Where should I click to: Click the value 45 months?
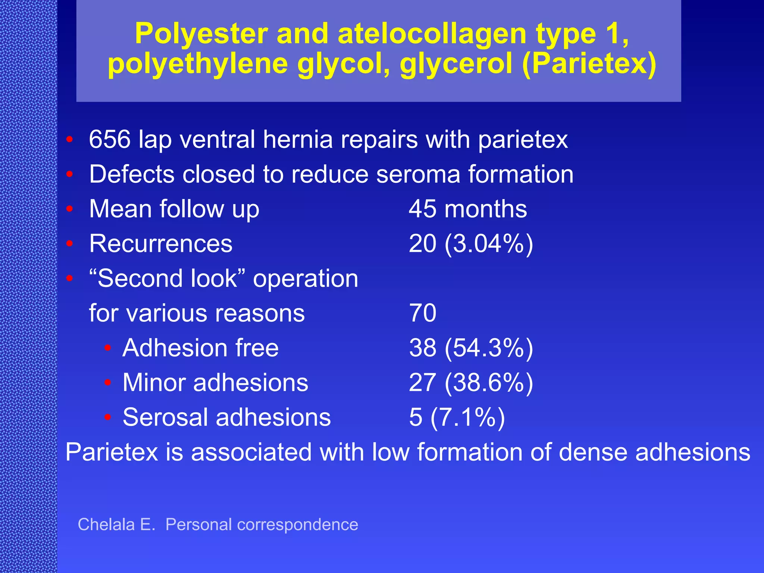(468, 209)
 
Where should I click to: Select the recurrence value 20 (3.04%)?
(471, 244)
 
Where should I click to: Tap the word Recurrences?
(161, 244)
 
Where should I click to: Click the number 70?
(423, 313)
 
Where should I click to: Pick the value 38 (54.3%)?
(471, 348)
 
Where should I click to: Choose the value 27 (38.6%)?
(471, 383)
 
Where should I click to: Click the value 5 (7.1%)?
(457, 417)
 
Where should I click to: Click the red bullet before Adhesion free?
(108, 348)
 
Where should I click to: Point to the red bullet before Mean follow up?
(69, 209)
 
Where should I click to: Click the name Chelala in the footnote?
(106, 525)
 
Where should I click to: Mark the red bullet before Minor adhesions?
(108, 383)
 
